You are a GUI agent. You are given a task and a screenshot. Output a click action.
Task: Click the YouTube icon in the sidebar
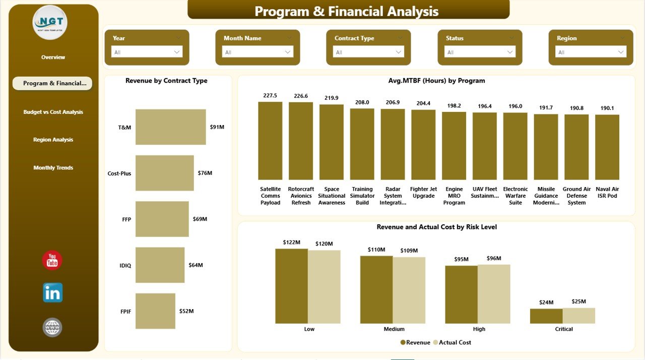[52, 260]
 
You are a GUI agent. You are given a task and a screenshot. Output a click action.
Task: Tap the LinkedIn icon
[52, 292]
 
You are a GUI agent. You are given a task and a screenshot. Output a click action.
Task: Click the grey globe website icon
[52, 327]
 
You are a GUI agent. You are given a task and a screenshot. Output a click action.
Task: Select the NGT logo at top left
[50, 23]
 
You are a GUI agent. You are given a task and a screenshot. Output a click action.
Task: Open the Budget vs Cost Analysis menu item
[53, 112]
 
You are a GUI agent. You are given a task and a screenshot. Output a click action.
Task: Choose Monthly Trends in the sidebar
[53, 167]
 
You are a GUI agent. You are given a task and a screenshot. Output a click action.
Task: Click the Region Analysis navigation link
[53, 140]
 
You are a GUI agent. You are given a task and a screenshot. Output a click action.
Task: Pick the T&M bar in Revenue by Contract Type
[170, 127]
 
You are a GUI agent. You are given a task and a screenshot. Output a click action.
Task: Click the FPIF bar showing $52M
[155, 311]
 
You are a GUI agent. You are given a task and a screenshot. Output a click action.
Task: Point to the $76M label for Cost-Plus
[205, 173]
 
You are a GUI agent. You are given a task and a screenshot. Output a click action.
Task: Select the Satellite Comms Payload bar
[270, 141]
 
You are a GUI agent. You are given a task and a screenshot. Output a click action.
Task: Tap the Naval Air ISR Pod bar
[607, 147]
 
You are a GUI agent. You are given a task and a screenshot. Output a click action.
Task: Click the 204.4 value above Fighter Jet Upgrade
[423, 103]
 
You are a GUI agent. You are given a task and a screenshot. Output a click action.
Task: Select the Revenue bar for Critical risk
[546, 316]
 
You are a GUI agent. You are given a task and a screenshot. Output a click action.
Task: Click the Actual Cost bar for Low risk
[324, 286]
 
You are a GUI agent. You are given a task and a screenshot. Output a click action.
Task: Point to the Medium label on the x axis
[394, 329]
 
